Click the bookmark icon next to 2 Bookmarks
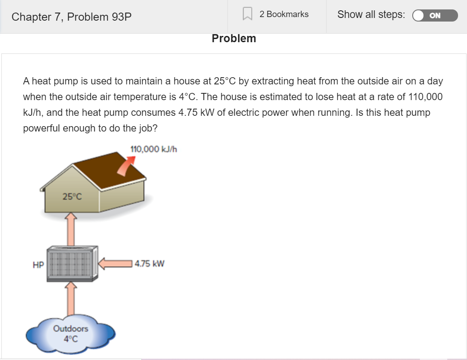coord(247,14)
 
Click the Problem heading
coord(234,39)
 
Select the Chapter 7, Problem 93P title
coord(72,17)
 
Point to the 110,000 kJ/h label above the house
coord(153,149)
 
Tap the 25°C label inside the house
coord(72,196)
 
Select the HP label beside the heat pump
coord(38,265)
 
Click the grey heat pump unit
coord(72,263)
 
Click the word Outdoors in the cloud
coord(71,329)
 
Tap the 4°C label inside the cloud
coord(71,339)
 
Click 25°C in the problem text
coord(225,81)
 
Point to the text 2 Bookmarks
coord(284,14)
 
